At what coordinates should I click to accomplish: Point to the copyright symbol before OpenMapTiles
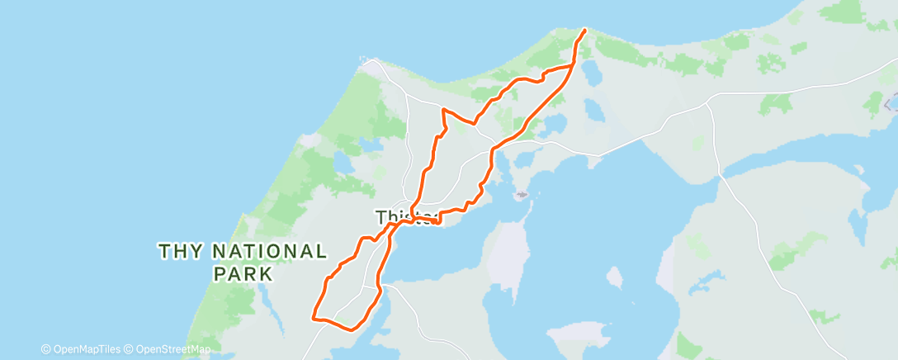tap(45, 349)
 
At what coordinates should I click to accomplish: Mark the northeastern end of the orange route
tap(585, 31)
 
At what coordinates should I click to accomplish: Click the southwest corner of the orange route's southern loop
tap(313, 316)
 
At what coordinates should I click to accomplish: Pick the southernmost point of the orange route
tap(352, 329)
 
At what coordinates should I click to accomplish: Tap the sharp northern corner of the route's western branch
tap(443, 109)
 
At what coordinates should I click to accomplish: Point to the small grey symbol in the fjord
tap(521, 196)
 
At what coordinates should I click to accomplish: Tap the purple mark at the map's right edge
tap(891, 104)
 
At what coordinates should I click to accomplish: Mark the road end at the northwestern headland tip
tap(364, 59)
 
